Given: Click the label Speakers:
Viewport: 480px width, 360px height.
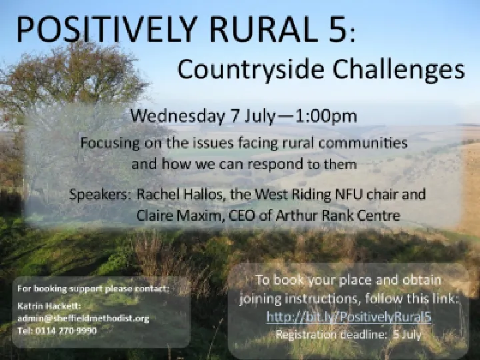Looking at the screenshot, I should pos(99,195).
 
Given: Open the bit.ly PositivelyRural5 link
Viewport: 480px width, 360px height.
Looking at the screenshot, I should pos(349,317).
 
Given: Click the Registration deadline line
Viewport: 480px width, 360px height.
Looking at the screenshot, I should pos(349,335).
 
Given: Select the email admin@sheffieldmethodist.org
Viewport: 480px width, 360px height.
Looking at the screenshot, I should pos(83,319).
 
